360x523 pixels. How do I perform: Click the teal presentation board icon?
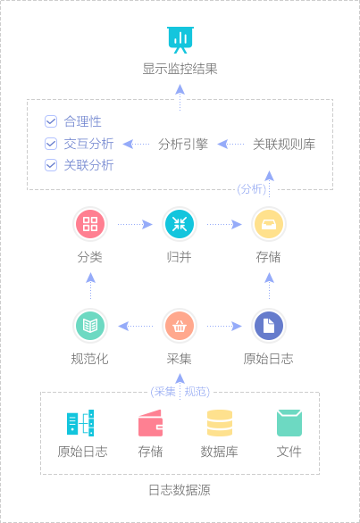pyautogui.click(x=180, y=39)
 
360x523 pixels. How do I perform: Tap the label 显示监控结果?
pyautogui.click(x=180, y=69)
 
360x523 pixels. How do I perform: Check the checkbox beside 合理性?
pyautogui.click(x=51, y=121)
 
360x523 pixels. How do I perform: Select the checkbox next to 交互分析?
pyautogui.click(x=51, y=144)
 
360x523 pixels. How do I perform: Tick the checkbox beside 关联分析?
pyautogui.click(x=51, y=165)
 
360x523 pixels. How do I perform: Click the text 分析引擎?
pyautogui.click(x=183, y=144)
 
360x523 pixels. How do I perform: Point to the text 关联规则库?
pyautogui.click(x=284, y=144)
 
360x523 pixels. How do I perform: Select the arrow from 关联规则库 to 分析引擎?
pyautogui.click(x=230, y=144)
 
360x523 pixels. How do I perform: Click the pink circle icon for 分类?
pyautogui.click(x=90, y=224)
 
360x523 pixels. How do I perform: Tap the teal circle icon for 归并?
pyautogui.click(x=180, y=224)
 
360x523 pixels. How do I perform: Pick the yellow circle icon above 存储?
pyautogui.click(x=269, y=224)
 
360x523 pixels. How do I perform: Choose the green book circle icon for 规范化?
pyautogui.click(x=90, y=326)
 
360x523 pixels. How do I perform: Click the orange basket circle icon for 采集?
pyautogui.click(x=180, y=326)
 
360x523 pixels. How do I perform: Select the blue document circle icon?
pyautogui.click(x=269, y=326)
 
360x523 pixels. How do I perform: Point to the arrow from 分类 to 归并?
pyautogui.click(x=135, y=224)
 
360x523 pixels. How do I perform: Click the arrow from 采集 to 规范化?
pyautogui.click(x=136, y=326)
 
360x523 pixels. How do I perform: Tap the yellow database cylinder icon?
pyautogui.click(x=220, y=423)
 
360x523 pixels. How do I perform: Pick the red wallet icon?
pyautogui.click(x=151, y=423)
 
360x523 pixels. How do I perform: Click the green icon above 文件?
pyautogui.click(x=289, y=423)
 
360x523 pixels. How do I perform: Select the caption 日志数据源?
pyautogui.click(x=180, y=490)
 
